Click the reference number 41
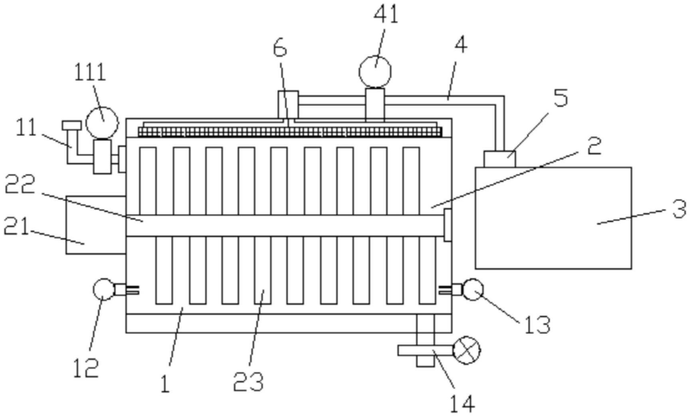(386, 16)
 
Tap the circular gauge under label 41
(375, 72)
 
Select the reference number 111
(90, 72)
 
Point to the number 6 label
(280, 48)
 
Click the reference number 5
(561, 98)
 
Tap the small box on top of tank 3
(500, 159)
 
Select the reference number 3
(679, 209)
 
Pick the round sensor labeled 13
(473, 290)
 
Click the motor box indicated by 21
(96, 225)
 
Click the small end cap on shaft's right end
(448, 225)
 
